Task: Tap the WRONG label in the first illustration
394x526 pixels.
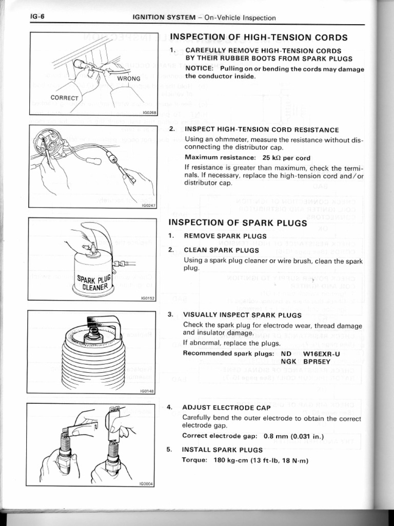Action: (x=129, y=79)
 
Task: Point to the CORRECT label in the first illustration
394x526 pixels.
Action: (x=64, y=98)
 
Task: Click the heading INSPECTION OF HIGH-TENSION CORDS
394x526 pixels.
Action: (x=259, y=37)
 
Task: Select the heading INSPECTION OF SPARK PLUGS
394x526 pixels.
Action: (x=238, y=223)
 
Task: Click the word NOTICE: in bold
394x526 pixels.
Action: (x=199, y=69)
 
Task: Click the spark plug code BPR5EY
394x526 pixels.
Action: (x=320, y=362)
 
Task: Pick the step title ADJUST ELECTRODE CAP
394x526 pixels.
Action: (x=226, y=407)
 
